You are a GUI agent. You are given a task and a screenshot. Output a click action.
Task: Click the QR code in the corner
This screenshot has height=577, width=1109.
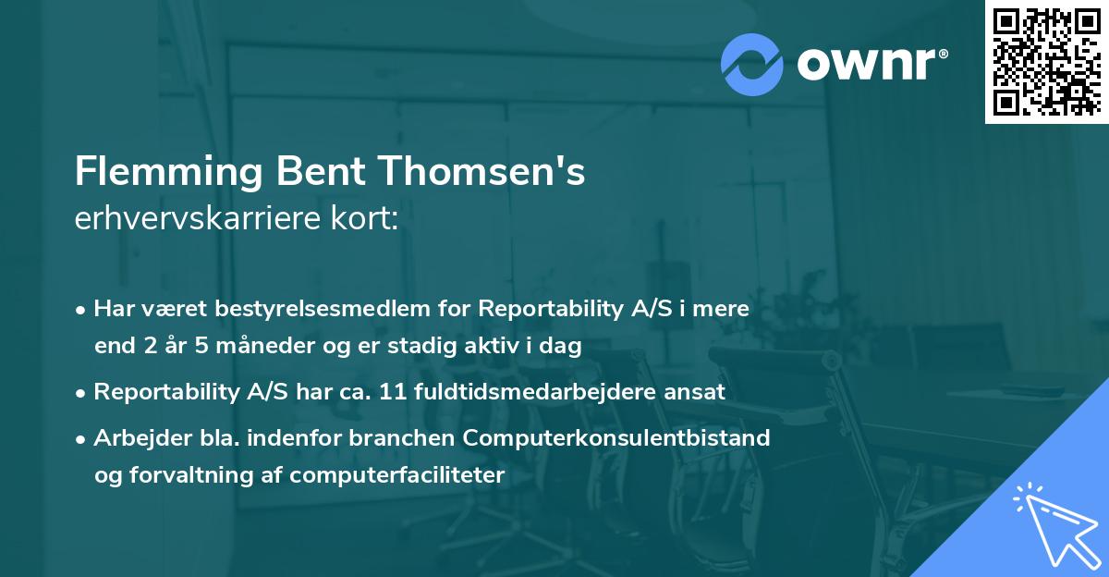(x=1047, y=62)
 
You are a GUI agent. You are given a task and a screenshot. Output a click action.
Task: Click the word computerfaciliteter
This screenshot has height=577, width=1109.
(x=397, y=475)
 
